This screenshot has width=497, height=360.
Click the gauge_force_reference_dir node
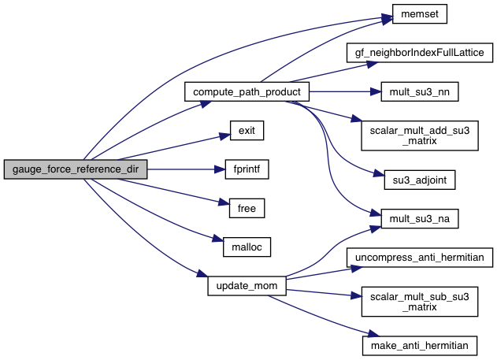pos(75,169)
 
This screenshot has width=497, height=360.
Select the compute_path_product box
pos(246,92)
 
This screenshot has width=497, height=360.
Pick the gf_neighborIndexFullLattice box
pos(420,54)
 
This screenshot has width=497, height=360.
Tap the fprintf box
pos(246,169)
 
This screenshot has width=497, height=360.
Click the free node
pos(246,208)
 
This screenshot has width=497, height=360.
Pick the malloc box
pos(246,247)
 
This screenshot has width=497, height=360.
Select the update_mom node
pos(246,285)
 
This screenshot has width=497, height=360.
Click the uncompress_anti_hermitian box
pos(420,257)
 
